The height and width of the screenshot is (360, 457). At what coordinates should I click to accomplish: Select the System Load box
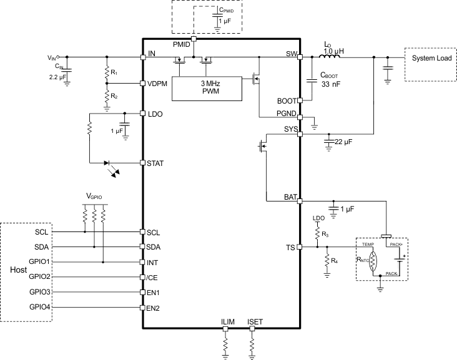(430, 58)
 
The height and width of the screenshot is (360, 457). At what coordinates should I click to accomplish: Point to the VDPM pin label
(157, 84)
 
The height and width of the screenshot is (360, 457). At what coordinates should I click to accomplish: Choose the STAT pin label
(155, 163)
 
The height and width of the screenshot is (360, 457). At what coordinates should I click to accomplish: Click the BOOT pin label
(287, 100)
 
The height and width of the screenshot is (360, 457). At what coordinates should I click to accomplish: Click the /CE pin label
(154, 277)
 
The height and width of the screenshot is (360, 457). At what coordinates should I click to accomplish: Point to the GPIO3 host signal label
(39, 292)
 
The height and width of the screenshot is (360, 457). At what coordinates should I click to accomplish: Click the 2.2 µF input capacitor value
(57, 78)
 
